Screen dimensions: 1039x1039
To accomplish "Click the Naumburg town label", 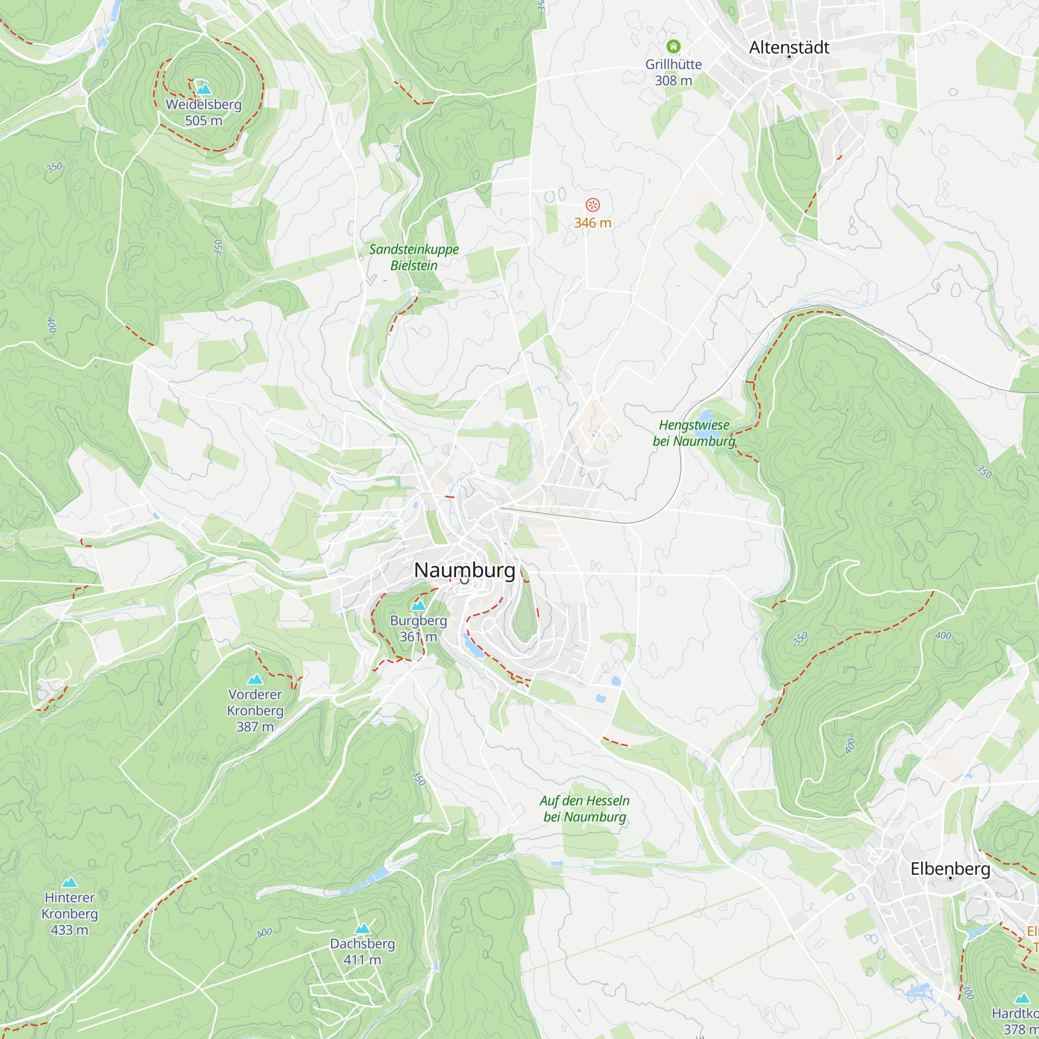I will [464, 570].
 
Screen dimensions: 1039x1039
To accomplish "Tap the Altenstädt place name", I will [789, 47].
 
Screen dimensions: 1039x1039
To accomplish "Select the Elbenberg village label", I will [950, 869].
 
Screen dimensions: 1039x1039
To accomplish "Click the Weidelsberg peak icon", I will [203, 89].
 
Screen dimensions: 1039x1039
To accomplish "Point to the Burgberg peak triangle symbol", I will [418, 606].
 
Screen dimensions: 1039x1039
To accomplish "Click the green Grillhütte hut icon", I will [673, 46].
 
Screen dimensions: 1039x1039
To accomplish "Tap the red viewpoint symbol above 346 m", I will [592, 205].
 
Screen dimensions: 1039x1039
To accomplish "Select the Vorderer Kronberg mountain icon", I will [255, 679].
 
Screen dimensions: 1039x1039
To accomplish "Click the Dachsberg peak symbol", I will [363, 928].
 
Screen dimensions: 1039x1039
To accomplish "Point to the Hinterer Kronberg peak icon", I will [70, 882].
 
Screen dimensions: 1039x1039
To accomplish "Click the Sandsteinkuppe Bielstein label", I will [414, 257].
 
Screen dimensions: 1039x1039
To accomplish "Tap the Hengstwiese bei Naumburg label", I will [694, 433].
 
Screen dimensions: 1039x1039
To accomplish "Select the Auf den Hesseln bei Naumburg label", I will [584, 808].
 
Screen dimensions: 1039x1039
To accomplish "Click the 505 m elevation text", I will [203, 121].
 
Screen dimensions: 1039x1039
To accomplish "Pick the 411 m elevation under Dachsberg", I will [362, 960].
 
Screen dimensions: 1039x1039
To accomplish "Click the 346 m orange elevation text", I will [592, 223].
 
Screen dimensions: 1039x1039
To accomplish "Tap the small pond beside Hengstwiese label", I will [705, 416].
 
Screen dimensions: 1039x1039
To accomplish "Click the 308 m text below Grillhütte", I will [673, 81].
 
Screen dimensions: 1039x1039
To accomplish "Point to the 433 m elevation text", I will [70, 930].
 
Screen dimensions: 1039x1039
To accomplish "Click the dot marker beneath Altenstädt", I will [789, 57].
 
